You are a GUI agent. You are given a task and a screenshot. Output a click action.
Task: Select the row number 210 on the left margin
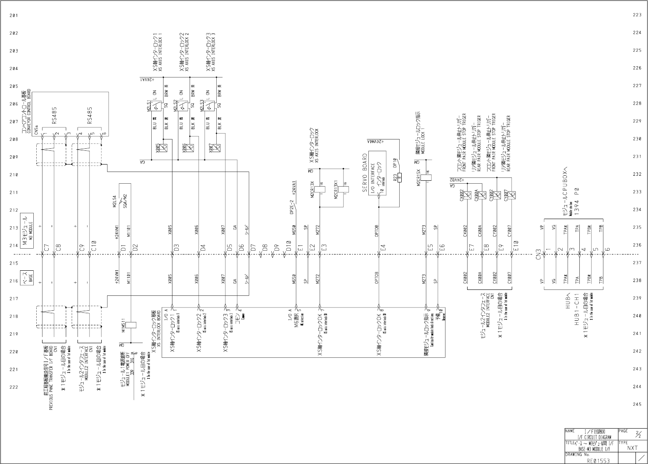coord(14,175)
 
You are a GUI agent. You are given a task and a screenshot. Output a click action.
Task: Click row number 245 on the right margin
coord(637,404)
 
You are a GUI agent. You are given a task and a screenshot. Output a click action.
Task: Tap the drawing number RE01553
coord(598,461)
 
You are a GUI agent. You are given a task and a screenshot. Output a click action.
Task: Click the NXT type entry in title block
coord(632,448)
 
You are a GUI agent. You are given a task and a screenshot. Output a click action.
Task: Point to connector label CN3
coord(538,254)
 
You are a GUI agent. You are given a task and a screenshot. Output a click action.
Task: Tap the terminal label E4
coord(383,247)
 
